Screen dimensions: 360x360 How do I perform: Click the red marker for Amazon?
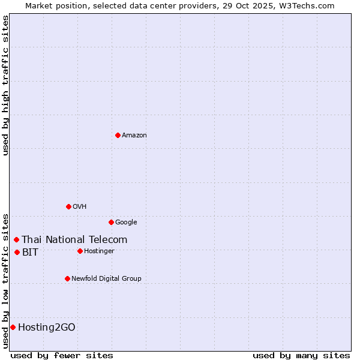(118, 135)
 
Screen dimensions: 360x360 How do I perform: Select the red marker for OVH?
(68, 206)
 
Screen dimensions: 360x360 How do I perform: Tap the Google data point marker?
(111, 222)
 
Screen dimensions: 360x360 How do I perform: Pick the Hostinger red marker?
(80, 251)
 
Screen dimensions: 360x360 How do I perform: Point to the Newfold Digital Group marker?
(67, 278)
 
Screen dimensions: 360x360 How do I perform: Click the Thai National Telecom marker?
(16, 239)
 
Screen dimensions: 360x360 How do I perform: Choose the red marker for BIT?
(17, 252)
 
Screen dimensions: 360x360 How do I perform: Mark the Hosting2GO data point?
(13, 327)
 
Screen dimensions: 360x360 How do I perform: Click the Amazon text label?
(134, 136)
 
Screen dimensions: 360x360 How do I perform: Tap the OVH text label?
(80, 207)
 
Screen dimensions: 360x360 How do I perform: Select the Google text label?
(126, 223)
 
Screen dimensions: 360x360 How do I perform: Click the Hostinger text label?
(99, 251)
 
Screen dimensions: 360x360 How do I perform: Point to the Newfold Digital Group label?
(106, 279)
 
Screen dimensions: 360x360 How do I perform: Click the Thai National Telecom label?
(74, 240)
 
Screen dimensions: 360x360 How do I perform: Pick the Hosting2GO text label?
(47, 328)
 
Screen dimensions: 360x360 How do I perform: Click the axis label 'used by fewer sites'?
(62, 355)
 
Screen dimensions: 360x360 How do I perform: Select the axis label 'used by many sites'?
(301, 355)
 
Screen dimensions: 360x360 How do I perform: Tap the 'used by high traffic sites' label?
(5, 85)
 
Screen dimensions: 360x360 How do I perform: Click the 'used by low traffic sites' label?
(5, 280)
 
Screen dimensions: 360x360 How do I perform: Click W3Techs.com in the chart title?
(310, 5)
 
